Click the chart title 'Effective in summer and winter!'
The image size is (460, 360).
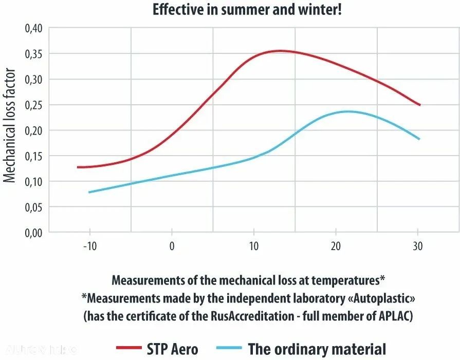[247, 10]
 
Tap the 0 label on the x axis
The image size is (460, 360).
[172, 246]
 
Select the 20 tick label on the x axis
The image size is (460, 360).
[336, 246]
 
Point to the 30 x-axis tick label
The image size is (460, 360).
[418, 246]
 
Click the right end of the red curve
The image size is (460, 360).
[420, 105]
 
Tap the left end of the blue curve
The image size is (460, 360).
[89, 192]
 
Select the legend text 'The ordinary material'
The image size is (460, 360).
[317, 349]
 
